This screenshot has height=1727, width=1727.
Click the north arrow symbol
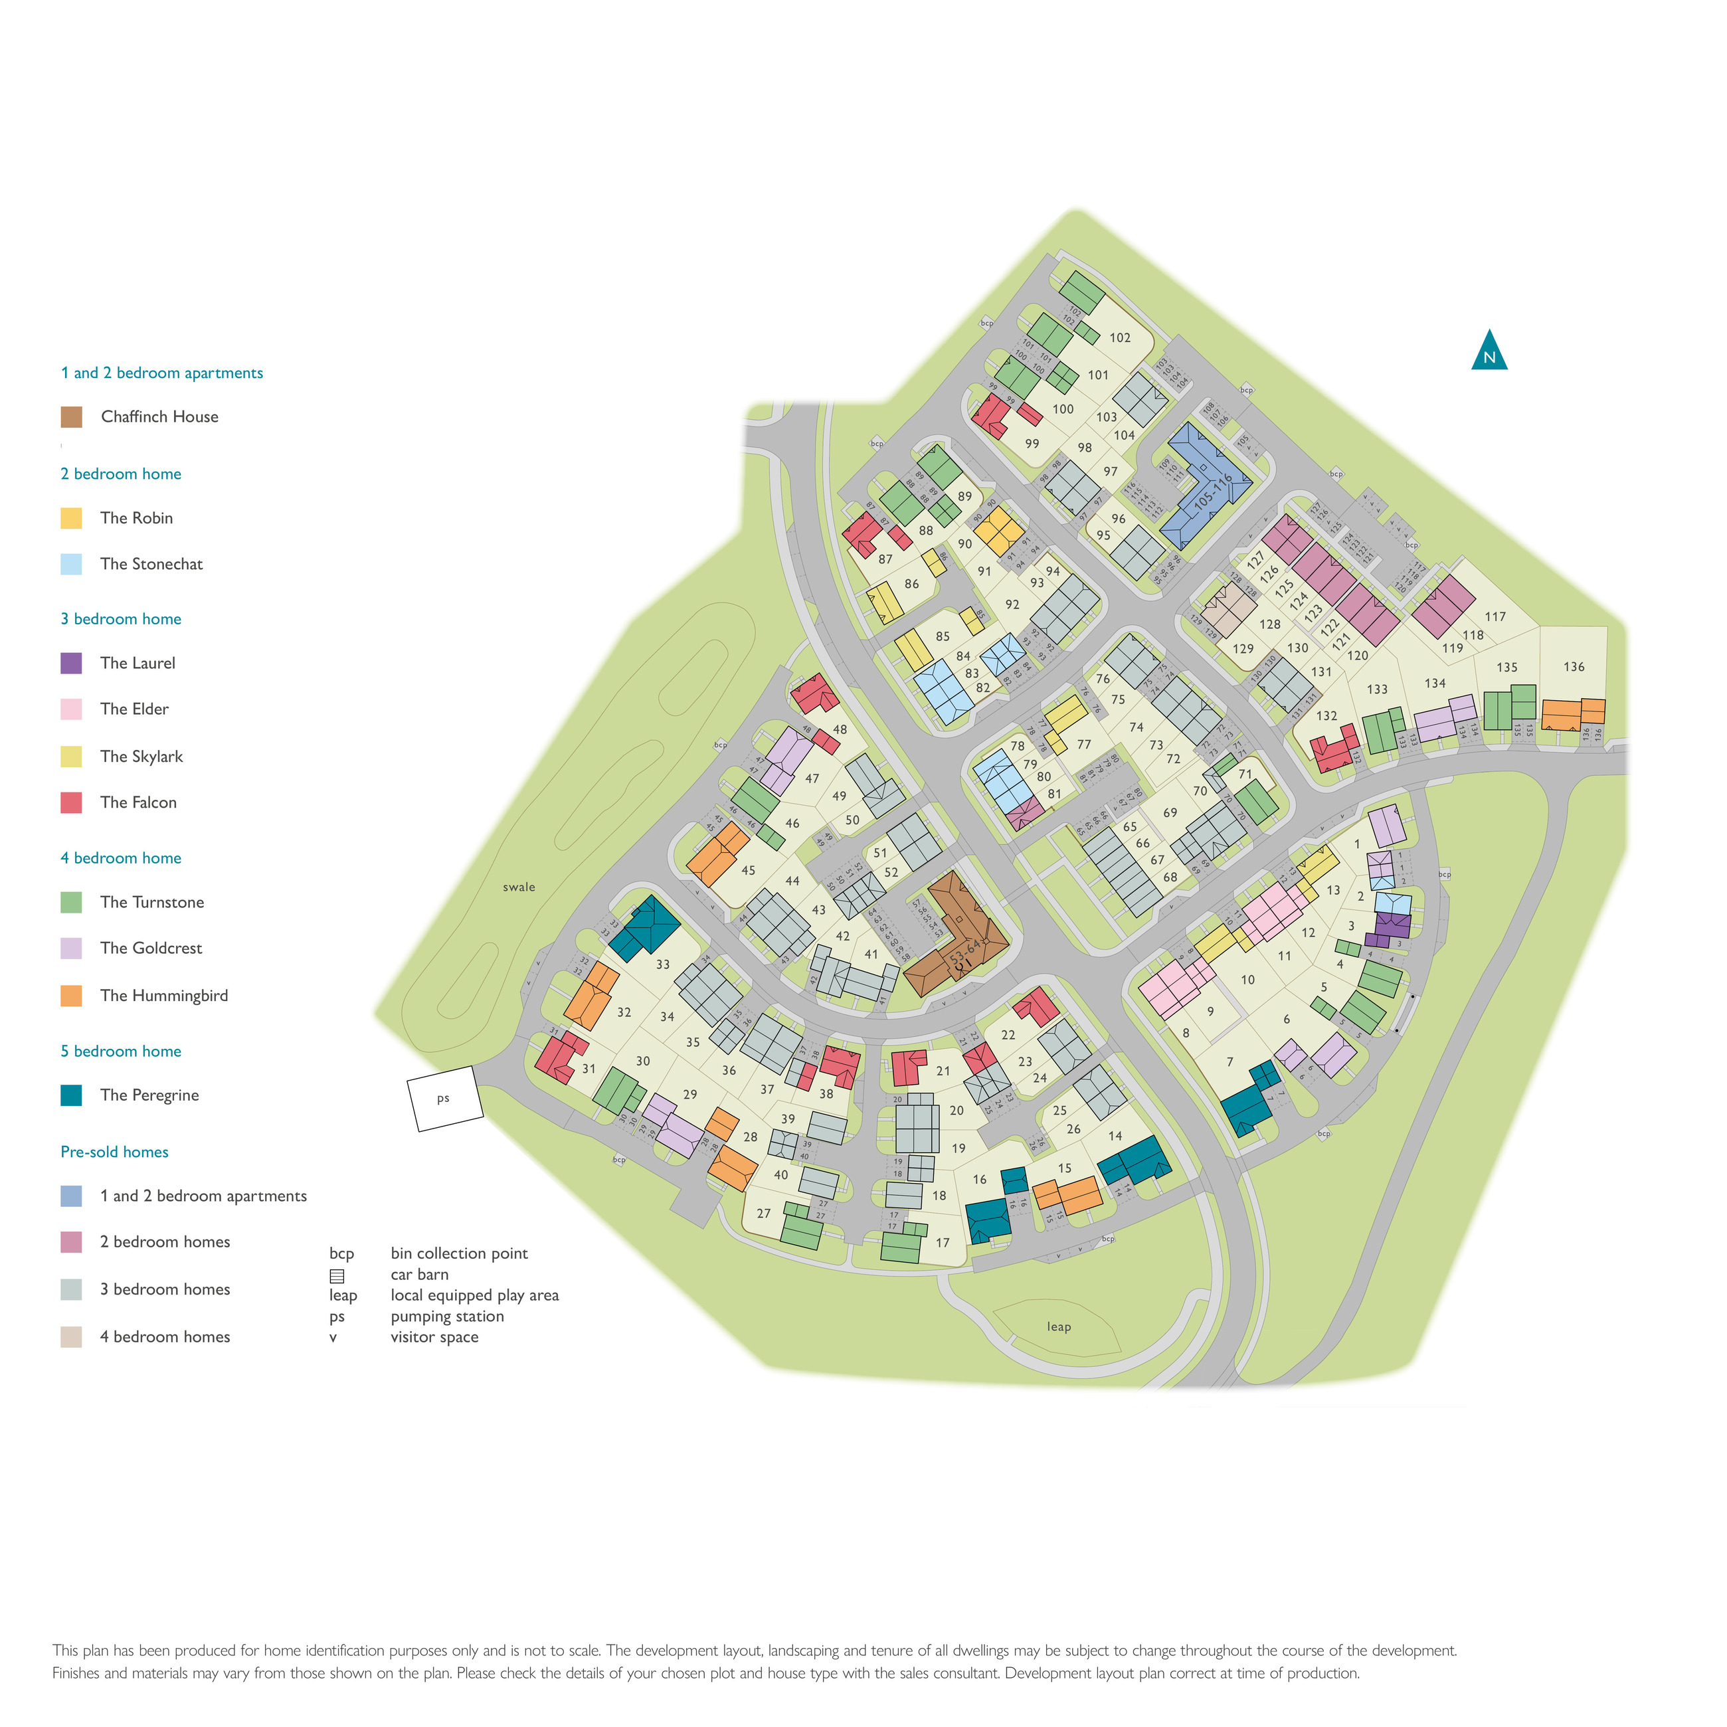coord(1489,352)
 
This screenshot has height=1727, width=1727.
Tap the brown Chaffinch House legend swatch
coord(72,416)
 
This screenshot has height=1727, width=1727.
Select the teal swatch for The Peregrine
coord(72,1095)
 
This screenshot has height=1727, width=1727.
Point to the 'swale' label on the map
coord(519,887)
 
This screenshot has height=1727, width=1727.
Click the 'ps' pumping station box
coord(444,1099)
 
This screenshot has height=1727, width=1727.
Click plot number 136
coord(1574,667)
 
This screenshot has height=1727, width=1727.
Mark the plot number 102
coord(1120,338)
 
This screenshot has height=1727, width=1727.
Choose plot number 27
coord(763,1213)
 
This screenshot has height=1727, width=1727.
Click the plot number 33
coord(662,964)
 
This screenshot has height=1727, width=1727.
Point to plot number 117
coord(1495,617)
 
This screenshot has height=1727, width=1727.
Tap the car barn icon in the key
coord(337,1275)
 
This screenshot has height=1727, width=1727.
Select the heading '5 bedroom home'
coord(121,1051)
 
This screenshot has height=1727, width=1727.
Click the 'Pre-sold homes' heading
coord(114,1152)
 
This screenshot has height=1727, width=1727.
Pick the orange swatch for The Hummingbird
coord(72,996)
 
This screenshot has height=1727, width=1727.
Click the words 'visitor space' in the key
coord(434,1337)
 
